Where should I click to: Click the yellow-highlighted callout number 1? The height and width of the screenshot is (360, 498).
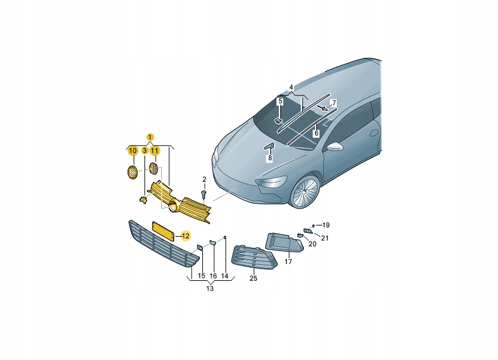[150, 137]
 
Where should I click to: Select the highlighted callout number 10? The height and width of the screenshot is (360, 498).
[133, 150]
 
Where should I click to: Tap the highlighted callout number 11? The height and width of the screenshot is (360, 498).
[154, 150]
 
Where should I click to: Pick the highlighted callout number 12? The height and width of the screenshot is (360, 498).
[186, 236]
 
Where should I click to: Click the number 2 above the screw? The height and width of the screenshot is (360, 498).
[204, 179]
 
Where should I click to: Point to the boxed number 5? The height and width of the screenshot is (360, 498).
[280, 102]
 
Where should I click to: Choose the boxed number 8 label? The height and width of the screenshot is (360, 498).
[270, 158]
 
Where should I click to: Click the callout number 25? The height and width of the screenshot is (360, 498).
[253, 278]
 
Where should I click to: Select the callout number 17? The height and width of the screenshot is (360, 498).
[288, 262]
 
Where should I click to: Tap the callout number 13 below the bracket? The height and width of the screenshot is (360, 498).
[210, 288]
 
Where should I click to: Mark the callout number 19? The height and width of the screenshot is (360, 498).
[326, 225]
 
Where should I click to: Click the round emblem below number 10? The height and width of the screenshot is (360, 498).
[132, 173]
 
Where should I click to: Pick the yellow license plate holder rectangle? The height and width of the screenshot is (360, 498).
[163, 232]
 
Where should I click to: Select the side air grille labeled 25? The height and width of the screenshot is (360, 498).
[253, 258]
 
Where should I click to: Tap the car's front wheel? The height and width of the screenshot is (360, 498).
[304, 192]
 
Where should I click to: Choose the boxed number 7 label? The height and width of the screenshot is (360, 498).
[334, 103]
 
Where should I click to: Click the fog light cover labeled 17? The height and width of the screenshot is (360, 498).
[284, 242]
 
